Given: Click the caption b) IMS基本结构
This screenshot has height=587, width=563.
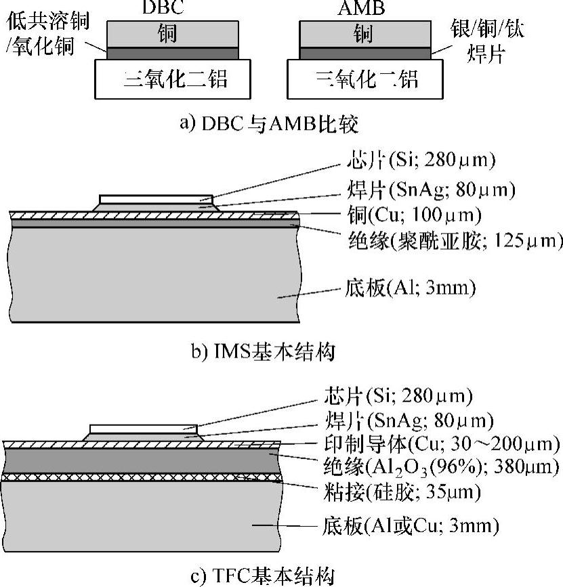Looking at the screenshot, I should click(x=264, y=352).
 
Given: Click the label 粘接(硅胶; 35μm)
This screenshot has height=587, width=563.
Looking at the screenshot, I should click(x=413, y=492).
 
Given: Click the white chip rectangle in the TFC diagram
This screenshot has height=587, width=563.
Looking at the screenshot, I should click(x=144, y=429).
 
